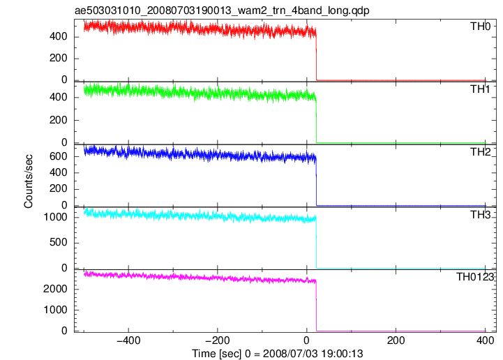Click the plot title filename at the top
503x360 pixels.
(x=222, y=10)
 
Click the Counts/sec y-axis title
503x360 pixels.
(x=28, y=181)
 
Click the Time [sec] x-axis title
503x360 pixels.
(x=278, y=354)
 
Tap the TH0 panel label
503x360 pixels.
(x=480, y=27)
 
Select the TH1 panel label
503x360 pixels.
(x=480, y=89)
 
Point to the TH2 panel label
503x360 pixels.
(x=480, y=152)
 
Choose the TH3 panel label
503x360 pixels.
(x=480, y=214)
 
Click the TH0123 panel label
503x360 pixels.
(x=475, y=276)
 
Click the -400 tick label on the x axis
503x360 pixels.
(x=128, y=340)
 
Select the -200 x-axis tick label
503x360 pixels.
(x=218, y=340)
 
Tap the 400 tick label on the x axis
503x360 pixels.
(x=485, y=340)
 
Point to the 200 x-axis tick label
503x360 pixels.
(x=396, y=340)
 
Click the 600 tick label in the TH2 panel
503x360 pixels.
(x=59, y=156)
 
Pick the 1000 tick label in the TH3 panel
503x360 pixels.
(x=56, y=217)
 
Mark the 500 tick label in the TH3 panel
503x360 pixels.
(x=59, y=242)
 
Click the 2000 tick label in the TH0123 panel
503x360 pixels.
(x=56, y=289)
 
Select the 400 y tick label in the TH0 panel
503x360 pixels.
(x=59, y=36)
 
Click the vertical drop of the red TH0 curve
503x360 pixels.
(x=316, y=56)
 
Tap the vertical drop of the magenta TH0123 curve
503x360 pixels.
(x=316, y=306)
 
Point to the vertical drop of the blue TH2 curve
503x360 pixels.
(x=316, y=182)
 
